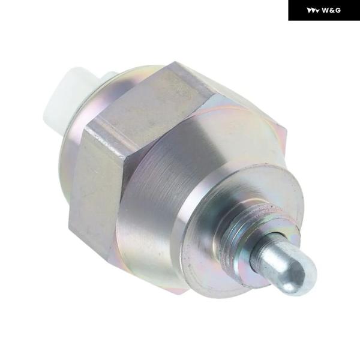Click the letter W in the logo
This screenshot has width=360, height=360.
point(326,10)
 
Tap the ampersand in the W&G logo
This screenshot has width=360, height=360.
point(332,10)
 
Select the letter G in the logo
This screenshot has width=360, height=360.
point(338,10)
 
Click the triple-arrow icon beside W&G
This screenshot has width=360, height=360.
point(313,11)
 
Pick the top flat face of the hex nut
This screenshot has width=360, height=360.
point(147,101)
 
